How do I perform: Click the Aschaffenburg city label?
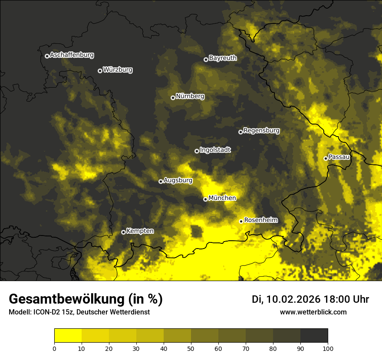click(72, 55)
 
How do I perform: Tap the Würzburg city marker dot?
click(100, 71)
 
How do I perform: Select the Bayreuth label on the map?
click(223, 58)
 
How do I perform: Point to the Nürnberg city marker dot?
click(173, 98)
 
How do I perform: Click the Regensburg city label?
click(261, 130)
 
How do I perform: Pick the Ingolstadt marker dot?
click(197, 151)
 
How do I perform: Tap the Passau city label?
click(339, 157)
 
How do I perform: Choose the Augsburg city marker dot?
click(161, 181)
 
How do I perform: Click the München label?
click(222, 198)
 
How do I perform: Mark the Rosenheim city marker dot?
click(241, 221)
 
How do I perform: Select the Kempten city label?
click(140, 231)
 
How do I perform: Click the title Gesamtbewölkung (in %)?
click(86, 299)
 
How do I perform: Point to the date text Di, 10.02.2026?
click(286, 299)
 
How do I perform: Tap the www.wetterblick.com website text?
click(313, 312)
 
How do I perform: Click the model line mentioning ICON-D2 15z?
click(79, 312)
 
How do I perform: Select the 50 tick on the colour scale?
click(191, 348)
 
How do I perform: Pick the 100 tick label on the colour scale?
click(328, 348)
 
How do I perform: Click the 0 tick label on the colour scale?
click(54, 348)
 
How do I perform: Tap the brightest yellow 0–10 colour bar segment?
click(68, 336)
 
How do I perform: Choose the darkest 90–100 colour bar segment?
click(314, 336)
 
